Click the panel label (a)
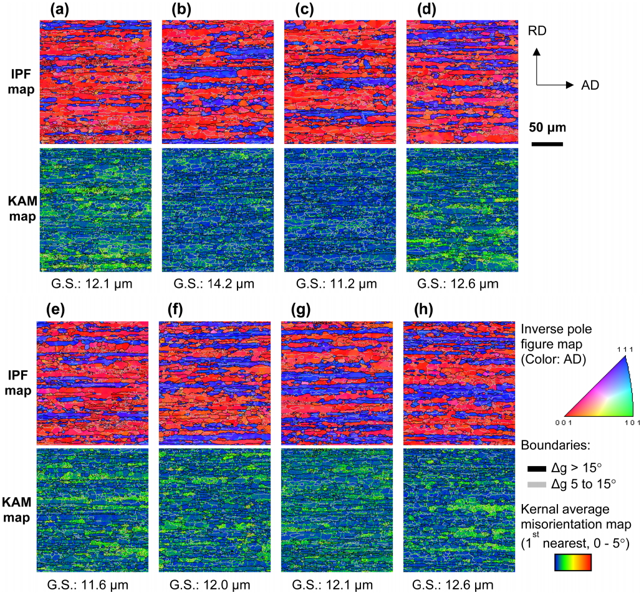point(51,11)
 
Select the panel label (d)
point(418,11)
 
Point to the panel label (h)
point(415,310)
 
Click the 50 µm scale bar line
point(548,145)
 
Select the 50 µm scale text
point(548,128)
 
